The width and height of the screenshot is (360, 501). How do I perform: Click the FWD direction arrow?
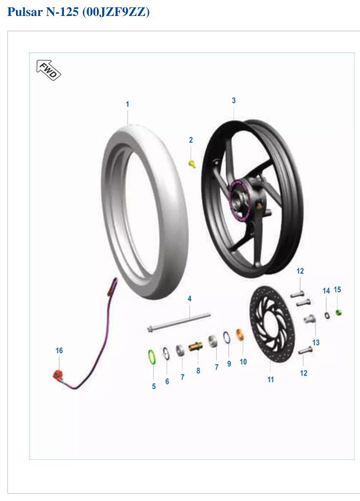pos(48,70)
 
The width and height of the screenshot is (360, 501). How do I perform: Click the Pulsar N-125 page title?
pos(78,12)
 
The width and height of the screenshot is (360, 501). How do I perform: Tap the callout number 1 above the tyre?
pos(127,104)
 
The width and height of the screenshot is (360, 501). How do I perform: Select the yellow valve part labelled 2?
pos(192,164)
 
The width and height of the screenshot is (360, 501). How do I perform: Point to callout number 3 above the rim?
pos(234,100)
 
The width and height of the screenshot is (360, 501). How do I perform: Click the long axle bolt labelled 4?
pos(179,322)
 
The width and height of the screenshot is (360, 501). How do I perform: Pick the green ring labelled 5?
pos(152,357)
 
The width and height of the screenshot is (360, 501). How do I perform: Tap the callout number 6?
pos(167,381)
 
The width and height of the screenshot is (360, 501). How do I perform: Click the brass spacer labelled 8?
pos(195,347)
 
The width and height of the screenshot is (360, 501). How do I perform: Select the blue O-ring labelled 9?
pos(226,337)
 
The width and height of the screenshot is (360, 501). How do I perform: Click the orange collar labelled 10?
pos(240,335)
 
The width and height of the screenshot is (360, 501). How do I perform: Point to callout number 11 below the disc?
pos(271,380)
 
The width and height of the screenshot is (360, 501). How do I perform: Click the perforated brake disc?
pos(272,324)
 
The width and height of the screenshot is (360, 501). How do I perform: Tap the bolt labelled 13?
pos(309,319)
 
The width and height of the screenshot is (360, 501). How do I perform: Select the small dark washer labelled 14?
pos(327,315)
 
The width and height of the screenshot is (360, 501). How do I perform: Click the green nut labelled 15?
pos(338,312)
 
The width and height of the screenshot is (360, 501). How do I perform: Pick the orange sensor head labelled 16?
pos(59,374)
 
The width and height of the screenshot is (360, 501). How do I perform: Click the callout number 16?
pos(59,351)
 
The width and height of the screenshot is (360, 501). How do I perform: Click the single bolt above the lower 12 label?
pos(305,350)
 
